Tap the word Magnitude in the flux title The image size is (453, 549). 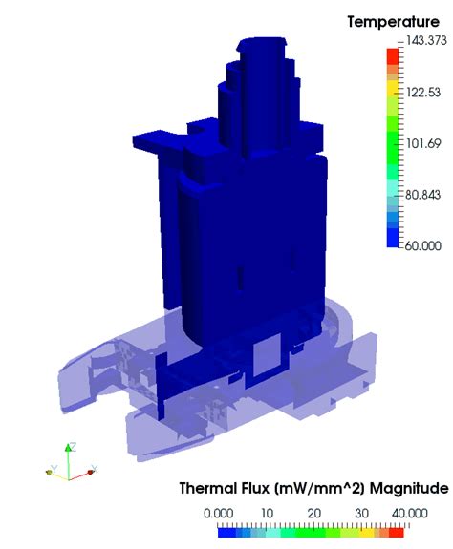tap(411, 489)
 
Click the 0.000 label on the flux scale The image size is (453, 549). tap(219, 513)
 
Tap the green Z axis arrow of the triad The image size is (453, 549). tap(70, 447)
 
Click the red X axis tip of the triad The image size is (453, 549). tap(93, 470)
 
